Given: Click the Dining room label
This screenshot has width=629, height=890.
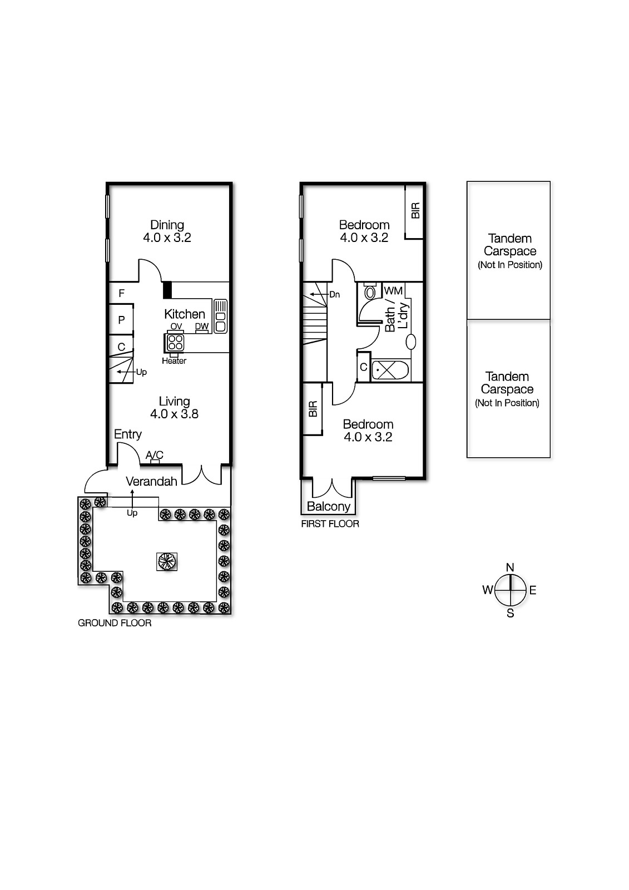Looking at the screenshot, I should [167, 225].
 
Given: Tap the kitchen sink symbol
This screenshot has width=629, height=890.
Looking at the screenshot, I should [220, 316].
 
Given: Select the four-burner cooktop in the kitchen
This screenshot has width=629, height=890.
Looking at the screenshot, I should [175, 342].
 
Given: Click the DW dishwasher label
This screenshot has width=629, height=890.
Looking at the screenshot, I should [201, 327].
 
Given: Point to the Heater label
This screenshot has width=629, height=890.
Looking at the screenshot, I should [174, 361].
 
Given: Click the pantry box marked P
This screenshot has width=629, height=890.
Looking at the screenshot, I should [121, 320].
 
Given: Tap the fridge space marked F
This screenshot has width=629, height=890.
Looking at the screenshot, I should [121, 293].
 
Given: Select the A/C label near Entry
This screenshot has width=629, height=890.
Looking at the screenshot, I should [154, 455].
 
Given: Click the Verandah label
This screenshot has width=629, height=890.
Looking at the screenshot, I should [151, 482].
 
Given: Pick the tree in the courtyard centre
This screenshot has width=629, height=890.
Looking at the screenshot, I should [166, 561].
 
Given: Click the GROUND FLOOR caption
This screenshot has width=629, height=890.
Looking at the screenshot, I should [115, 623].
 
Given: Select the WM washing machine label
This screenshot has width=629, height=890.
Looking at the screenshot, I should [393, 291].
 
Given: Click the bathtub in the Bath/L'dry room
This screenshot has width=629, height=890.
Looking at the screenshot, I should [390, 370].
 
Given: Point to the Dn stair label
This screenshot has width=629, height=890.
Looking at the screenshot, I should [334, 295].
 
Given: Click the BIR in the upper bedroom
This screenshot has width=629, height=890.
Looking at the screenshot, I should [415, 210].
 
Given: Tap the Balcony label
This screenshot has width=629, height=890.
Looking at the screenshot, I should [328, 507].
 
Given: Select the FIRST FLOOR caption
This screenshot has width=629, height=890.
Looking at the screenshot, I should [330, 524].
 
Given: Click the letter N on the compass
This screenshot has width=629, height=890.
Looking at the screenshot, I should [510, 567].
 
